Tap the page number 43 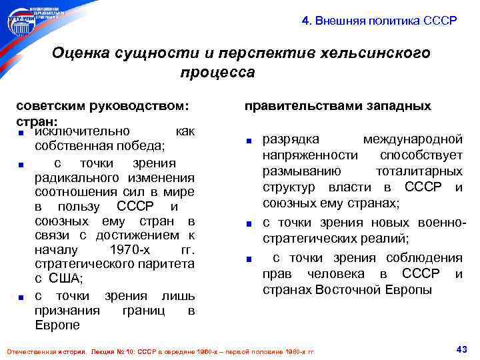point(459,349)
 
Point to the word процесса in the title point(217,71)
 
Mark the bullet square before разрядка point(248,141)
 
